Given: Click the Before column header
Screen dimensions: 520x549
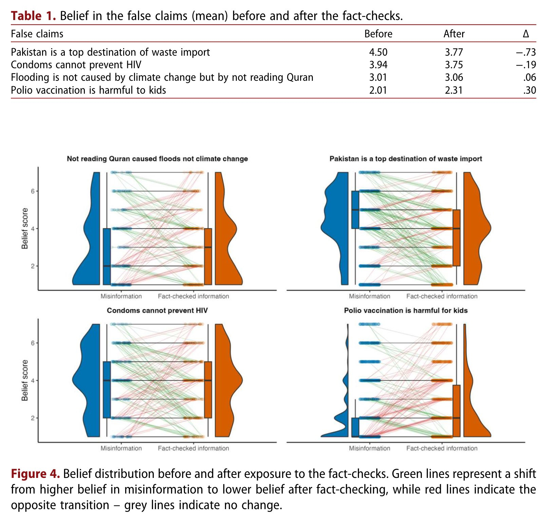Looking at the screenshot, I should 378,34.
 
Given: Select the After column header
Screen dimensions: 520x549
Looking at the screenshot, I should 454,34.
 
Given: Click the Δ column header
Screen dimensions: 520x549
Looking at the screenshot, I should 526,34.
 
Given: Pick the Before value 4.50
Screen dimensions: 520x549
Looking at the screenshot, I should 378,52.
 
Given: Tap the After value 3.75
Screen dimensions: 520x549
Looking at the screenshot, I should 454,65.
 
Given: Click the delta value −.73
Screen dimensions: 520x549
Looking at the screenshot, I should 526,52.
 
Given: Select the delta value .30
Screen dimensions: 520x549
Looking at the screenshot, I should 529,90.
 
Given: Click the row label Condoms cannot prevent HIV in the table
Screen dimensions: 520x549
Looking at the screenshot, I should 76,65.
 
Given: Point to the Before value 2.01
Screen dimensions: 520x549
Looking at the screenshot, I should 378,90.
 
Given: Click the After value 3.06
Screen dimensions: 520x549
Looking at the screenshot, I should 454,77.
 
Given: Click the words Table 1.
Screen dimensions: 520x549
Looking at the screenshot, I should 33,16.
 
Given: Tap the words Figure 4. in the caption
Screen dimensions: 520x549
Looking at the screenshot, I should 35,474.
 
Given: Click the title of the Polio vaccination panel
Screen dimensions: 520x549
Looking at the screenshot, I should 405,311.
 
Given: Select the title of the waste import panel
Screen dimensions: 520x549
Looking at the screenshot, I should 405,159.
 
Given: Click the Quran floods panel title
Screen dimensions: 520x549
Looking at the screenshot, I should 157,159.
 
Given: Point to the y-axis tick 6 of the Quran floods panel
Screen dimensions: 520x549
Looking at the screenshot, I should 33,191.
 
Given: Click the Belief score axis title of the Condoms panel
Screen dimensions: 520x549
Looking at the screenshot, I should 25,380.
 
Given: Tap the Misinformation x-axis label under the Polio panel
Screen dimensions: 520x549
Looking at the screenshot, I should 370,448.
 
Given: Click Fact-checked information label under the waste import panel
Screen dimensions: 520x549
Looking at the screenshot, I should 442,296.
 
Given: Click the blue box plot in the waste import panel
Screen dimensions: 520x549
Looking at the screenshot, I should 355,210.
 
